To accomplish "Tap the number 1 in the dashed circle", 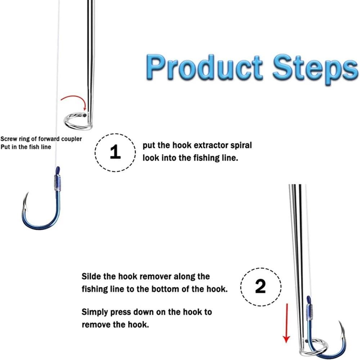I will (115, 152).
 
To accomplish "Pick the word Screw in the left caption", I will (8, 139).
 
